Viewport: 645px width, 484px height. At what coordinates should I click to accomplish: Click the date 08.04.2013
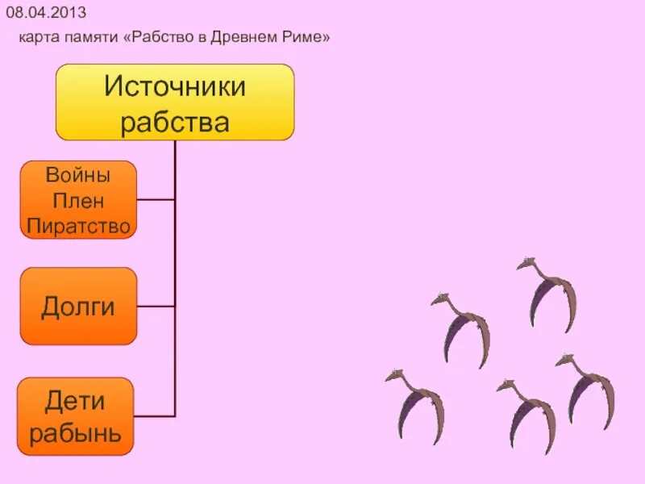click(x=46, y=14)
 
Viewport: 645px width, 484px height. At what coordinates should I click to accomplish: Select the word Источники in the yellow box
click(x=175, y=86)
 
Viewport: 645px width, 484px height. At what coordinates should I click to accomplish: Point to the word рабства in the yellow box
click(x=175, y=122)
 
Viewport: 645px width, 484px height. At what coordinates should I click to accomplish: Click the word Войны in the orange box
click(x=78, y=174)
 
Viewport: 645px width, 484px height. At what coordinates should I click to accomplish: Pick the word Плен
click(x=78, y=200)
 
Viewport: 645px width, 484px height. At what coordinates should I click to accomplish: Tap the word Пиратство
click(x=78, y=226)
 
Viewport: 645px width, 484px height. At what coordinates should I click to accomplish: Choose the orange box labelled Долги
click(x=78, y=307)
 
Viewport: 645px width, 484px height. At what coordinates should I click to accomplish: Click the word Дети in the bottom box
click(x=76, y=400)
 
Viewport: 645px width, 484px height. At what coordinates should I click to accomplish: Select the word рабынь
click(x=76, y=434)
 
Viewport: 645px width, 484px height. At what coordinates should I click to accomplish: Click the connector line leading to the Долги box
click(x=156, y=307)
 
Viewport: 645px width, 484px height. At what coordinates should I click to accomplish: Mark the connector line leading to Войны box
click(x=156, y=199)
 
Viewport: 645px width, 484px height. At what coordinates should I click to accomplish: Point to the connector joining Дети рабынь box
click(x=154, y=416)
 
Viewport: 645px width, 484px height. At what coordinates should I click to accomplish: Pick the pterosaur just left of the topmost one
click(x=463, y=327)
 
